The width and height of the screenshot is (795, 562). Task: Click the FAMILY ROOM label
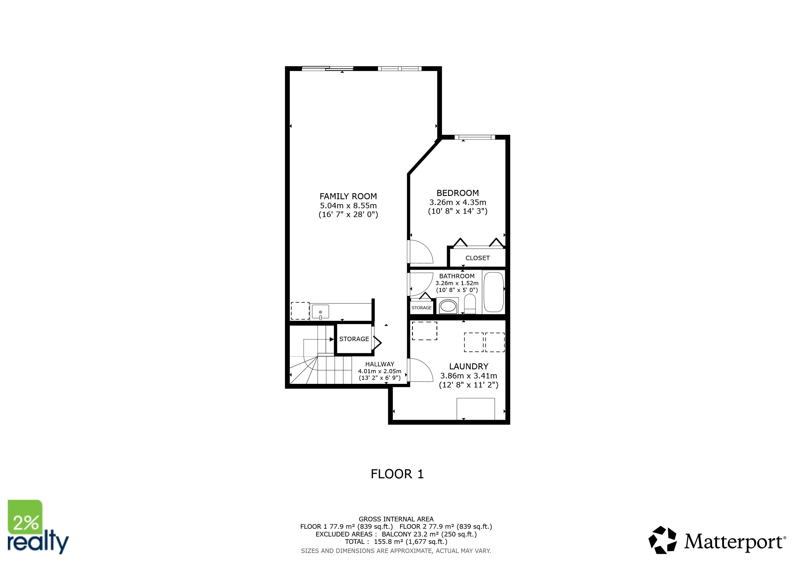[348, 196]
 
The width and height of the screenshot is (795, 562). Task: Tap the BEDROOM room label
[457, 193]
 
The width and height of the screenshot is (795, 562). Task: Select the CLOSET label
[477, 258]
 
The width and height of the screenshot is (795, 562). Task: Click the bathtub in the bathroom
[493, 292]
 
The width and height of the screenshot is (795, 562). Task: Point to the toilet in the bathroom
[470, 304]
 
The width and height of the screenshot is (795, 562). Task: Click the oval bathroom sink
[447, 306]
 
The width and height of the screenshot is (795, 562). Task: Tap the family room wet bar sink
[320, 312]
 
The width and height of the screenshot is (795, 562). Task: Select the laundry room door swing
[421, 370]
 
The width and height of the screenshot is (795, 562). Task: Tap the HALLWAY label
[379, 364]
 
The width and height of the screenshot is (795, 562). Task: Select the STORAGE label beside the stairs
[354, 339]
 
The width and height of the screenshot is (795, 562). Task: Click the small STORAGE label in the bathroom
[421, 308]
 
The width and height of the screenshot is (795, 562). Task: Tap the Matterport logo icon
[662, 540]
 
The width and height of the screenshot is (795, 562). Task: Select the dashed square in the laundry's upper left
[424, 331]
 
